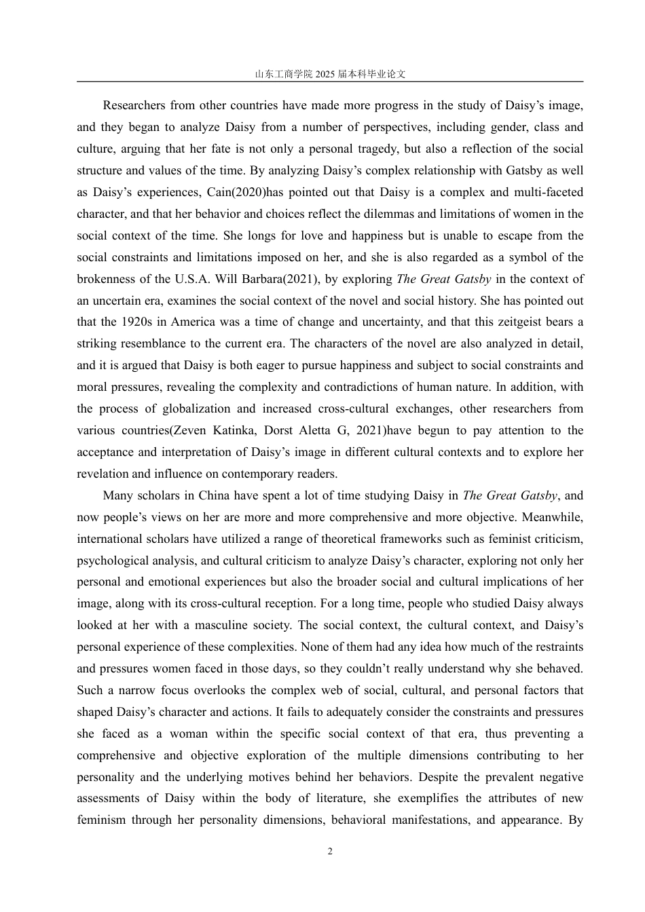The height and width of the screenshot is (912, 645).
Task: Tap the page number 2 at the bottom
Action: pos(330,852)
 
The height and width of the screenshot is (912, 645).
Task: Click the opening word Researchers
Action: pos(134,105)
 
